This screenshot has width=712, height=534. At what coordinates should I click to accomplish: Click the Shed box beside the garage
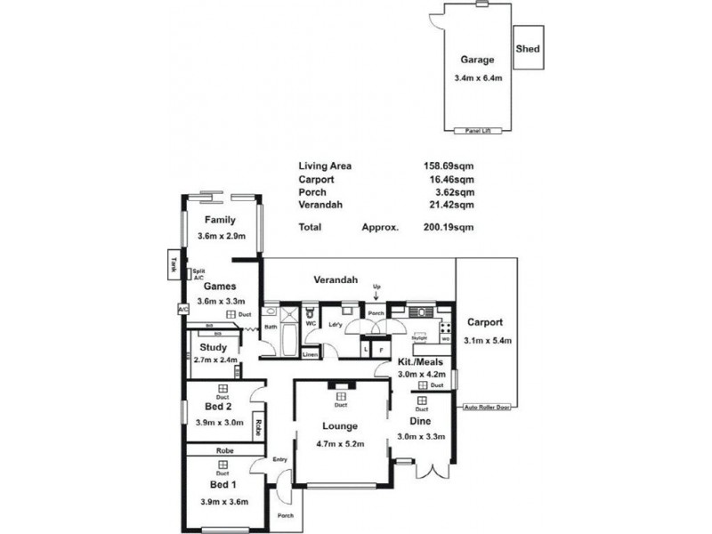click(528, 49)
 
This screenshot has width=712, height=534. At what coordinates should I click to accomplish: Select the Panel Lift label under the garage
click(478, 131)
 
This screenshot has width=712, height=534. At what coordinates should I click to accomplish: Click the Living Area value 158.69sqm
click(449, 166)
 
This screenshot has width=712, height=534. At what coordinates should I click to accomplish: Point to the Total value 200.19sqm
click(449, 227)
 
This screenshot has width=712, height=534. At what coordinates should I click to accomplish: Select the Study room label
click(214, 347)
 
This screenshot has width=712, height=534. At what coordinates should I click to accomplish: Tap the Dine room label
click(420, 421)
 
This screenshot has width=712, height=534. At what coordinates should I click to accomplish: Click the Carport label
click(484, 322)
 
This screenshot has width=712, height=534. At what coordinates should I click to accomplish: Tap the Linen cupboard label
click(310, 354)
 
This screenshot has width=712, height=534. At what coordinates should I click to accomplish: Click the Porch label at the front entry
click(285, 515)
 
